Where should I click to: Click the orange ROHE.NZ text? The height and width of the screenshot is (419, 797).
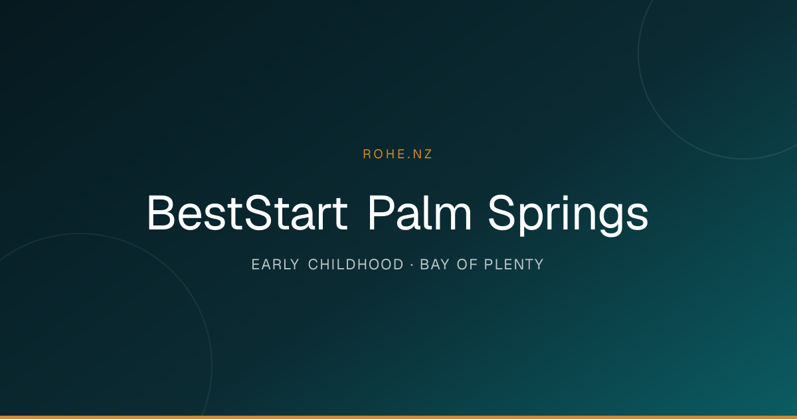[397, 154]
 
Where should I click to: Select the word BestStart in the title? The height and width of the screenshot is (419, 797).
[247, 213]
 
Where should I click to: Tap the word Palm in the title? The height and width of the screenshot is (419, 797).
[420, 213]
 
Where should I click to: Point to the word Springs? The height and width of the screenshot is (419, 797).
[569, 215]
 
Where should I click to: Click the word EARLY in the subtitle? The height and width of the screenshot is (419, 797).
[276, 265]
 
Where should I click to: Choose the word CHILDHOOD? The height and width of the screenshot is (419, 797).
[356, 265]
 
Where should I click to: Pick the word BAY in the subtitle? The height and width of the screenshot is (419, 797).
[434, 265]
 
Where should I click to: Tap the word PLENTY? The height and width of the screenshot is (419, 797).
[514, 265]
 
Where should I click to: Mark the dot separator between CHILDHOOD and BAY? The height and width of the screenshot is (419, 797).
[412, 265]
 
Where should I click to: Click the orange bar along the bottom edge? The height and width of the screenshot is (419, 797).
[398, 417]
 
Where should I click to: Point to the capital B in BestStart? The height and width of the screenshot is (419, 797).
[161, 213]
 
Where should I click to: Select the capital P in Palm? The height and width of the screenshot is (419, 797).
[381, 213]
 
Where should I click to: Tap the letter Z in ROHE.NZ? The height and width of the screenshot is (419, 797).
[427, 154]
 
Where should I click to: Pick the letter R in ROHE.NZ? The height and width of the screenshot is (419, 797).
[367, 154]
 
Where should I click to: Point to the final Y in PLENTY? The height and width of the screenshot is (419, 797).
[539, 265]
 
